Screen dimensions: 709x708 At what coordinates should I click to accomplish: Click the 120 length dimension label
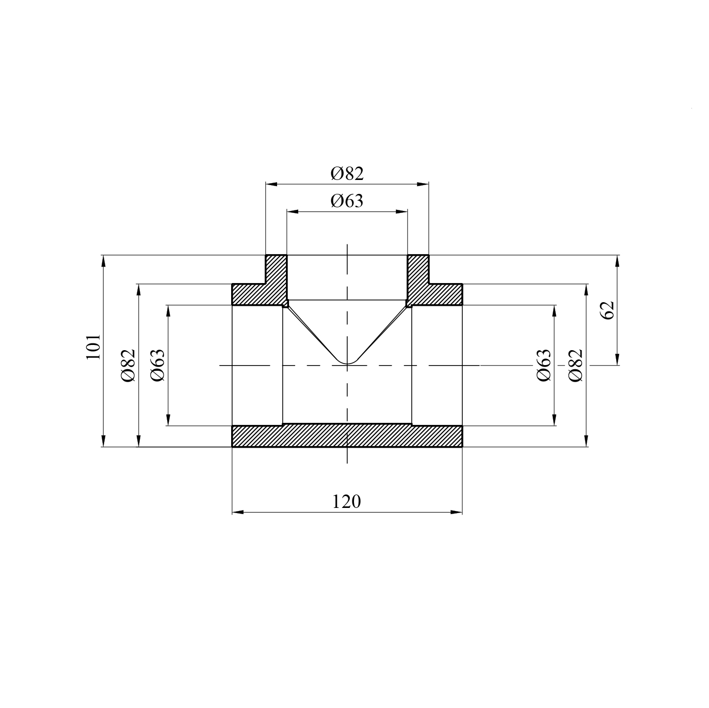(346, 501)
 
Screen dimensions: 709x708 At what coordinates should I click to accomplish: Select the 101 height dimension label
(93, 347)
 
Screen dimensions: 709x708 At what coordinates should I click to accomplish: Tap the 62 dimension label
(607, 310)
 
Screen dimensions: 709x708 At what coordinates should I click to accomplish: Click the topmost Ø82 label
(347, 173)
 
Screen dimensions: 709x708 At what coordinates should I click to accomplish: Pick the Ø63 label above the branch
(347, 201)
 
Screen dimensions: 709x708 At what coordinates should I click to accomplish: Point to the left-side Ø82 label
(128, 365)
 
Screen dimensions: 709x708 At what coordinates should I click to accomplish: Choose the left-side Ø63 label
(157, 365)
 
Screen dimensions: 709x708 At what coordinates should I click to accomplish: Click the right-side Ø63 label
(543, 365)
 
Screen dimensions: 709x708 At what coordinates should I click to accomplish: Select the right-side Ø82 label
(575, 365)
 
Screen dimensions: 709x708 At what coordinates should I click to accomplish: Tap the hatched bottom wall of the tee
(347, 436)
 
